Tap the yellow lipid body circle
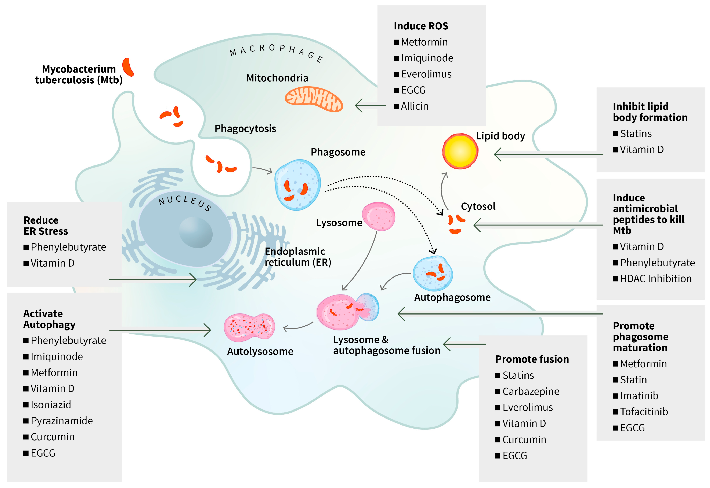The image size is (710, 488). (460, 151)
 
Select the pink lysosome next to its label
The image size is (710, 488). (379, 216)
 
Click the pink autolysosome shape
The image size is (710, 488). (249, 327)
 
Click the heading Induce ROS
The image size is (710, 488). (421, 26)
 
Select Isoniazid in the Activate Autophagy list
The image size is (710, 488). (51, 405)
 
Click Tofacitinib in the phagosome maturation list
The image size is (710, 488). (644, 412)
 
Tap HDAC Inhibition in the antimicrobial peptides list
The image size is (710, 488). (655, 279)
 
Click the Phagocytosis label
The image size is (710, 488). (245, 128)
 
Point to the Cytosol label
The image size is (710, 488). (478, 206)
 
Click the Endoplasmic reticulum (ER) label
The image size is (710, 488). (297, 257)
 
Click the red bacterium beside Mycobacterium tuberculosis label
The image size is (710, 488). (128, 67)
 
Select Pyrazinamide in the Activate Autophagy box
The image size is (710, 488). (61, 421)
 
